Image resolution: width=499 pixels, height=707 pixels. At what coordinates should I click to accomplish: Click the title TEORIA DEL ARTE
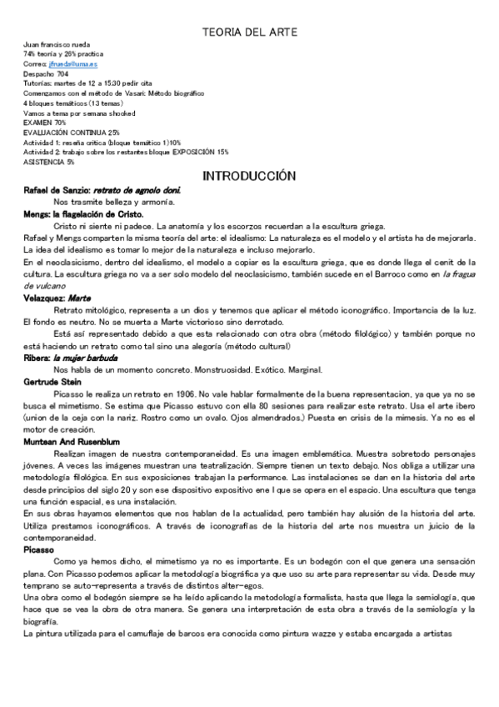click(249, 33)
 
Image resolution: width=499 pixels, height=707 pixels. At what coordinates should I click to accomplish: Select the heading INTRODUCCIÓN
click(249, 176)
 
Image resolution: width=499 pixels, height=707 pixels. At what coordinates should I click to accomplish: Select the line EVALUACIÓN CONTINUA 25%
click(72, 132)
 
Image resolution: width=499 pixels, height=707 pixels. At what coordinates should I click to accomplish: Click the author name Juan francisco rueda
click(57, 43)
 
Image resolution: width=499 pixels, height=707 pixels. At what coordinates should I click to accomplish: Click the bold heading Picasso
click(40, 551)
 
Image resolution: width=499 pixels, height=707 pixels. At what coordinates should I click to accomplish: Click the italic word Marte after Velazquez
click(79, 298)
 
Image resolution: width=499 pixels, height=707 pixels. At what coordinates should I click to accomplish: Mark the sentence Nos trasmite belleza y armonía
click(113, 203)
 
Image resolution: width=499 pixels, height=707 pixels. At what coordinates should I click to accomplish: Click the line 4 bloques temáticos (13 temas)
click(69, 103)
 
